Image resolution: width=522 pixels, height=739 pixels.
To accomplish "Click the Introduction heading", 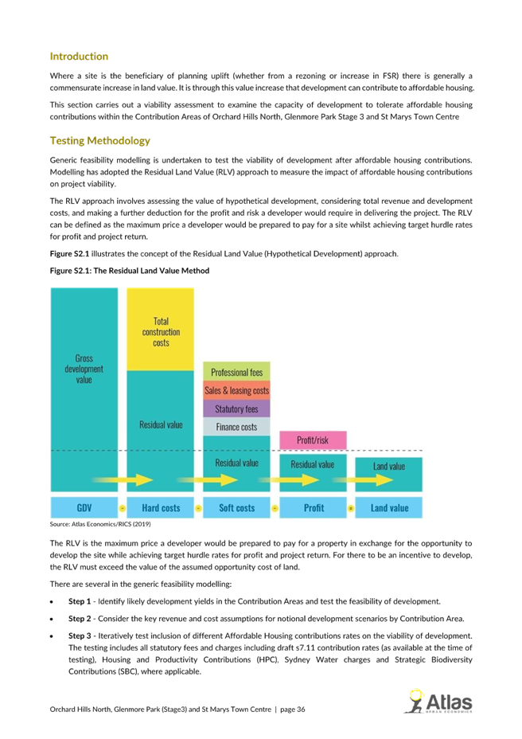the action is pos(79,57).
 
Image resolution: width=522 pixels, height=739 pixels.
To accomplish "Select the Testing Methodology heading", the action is pos(100,141).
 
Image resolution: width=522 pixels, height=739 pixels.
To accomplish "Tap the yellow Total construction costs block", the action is pos(161,329).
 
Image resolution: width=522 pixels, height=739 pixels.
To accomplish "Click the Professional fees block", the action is pos(236,371).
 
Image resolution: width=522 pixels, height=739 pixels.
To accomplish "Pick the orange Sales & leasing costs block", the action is pos(236,390).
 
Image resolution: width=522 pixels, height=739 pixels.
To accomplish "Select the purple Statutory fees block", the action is pos(236,409).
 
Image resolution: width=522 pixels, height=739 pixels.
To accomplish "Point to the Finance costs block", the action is pos(236,427).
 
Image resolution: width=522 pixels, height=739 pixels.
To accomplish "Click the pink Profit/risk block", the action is pos(313,440).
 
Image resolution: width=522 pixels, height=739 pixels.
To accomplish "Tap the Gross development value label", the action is pos(84,369).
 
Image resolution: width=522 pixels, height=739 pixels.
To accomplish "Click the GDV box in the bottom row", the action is pos(84,507).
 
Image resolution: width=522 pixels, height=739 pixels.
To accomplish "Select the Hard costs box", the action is pos(161,507).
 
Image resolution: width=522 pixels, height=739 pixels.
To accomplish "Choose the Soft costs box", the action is pos(236,507).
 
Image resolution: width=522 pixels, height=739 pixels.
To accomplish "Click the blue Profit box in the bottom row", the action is pos(313,507).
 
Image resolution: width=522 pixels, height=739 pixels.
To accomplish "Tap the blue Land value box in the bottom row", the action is pos(388,507).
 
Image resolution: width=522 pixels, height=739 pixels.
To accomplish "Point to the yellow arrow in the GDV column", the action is pos(123,479).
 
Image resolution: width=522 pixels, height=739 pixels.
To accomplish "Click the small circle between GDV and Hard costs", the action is pos(123,508).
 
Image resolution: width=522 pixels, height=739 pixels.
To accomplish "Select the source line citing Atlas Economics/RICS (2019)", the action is pos(100,524).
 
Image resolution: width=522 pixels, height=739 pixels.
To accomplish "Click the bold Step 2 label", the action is pos(80,618).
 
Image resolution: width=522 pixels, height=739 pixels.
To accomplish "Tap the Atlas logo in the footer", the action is pos(438,702).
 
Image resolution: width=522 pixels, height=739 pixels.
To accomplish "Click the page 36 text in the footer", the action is pos(293,710).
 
